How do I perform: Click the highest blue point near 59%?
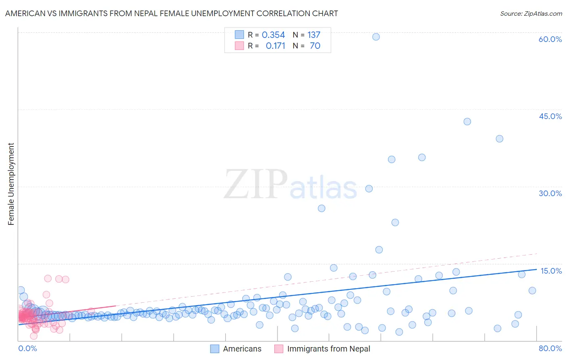[376, 37]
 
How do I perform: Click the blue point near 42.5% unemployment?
[467, 121]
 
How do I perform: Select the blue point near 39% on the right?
[499, 138]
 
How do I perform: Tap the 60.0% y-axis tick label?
[550, 39]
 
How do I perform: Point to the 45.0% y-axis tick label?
[550, 116]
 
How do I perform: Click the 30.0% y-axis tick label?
[550, 193]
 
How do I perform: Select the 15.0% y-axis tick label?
[551, 271]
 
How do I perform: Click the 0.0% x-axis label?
[27, 348]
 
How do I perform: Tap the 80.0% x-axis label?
[550, 348]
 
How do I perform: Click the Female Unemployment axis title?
[11, 184]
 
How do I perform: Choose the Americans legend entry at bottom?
[236, 349]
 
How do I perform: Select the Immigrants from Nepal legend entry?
[322, 349]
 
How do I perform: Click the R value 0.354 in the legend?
[273, 35]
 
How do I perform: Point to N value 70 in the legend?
[315, 46]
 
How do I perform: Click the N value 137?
[314, 35]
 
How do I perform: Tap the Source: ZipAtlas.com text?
[531, 13]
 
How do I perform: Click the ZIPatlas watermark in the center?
[290, 184]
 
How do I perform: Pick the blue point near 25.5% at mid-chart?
[321, 208]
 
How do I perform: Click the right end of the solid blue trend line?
[536, 269]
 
